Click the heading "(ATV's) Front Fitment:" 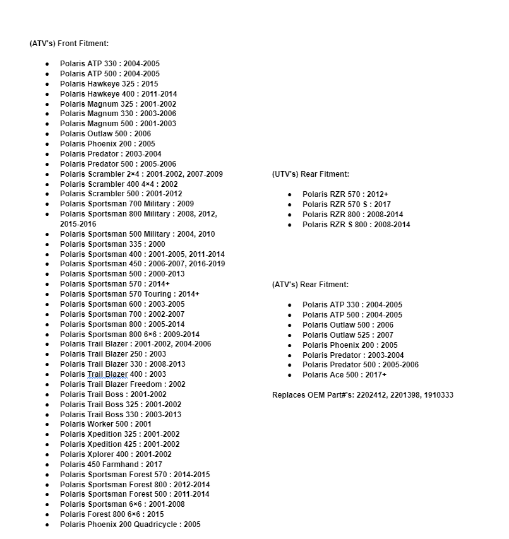pyautogui.click(x=69, y=44)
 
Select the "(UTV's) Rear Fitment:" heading pyautogui.click(x=310, y=174)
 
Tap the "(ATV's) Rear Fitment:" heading pyautogui.click(x=310, y=285)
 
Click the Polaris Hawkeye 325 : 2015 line pyautogui.click(x=109, y=84)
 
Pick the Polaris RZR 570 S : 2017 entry pyautogui.click(x=346, y=204)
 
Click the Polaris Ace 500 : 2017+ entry pyautogui.click(x=344, y=375)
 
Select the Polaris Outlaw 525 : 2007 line pyautogui.click(x=347, y=335)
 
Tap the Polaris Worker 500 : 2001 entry pyautogui.click(x=105, y=424)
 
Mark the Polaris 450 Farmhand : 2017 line pyautogui.click(x=111, y=465)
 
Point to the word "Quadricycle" pyautogui.click(x=157, y=524)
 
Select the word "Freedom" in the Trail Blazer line pyautogui.click(x=146, y=384)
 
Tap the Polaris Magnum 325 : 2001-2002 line pyautogui.click(x=118, y=104)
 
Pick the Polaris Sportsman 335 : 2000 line pyautogui.click(x=112, y=244)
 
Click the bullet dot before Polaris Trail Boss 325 pyautogui.click(x=47, y=405)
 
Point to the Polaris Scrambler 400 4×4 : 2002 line pyautogui.click(x=119, y=184)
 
